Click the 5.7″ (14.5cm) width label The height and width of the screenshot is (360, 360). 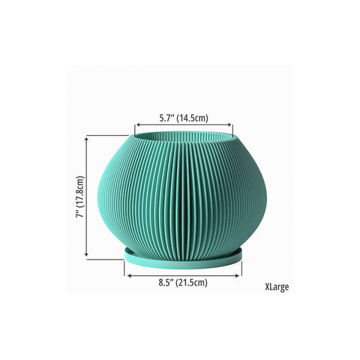click(x=184, y=118)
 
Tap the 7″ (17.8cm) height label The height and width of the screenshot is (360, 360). click(x=80, y=196)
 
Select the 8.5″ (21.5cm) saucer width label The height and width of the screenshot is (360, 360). click(x=183, y=283)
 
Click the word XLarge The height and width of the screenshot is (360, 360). click(x=277, y=286)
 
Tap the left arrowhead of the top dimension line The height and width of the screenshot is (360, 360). click(x=138, y=124)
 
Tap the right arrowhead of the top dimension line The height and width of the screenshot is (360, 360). click(x=229, y=124)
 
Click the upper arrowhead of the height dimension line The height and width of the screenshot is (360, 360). click(x=86, y=139)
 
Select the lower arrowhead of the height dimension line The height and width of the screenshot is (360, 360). click(x=86, y=253)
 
